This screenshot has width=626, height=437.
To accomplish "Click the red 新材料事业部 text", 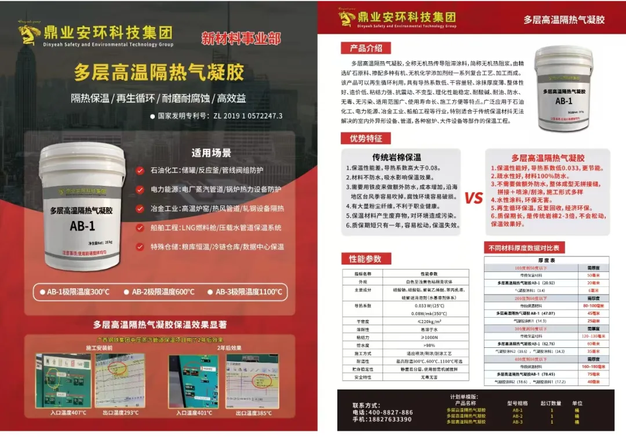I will click(x=241, y=39).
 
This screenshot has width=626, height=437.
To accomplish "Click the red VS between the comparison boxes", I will click(x=474, y=198).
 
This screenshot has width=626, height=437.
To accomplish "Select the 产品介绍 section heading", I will click(x=366, y=48).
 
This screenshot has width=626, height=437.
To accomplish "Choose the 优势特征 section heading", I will click(x=366, y=138).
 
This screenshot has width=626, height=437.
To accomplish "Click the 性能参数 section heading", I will click(x=365, y=258).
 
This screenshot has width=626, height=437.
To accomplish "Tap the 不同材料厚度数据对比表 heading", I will click(x=523, y=248).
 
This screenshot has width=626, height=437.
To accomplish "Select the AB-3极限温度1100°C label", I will click(x=250, y=292).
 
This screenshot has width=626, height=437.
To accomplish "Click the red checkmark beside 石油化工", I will click(x=140, y=171).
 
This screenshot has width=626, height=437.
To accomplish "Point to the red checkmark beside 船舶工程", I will click(x=140, y=227).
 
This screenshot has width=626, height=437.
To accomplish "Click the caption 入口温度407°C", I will click(x=69, y=413).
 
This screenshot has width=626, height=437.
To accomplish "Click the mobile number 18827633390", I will click(x=391, y=420).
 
